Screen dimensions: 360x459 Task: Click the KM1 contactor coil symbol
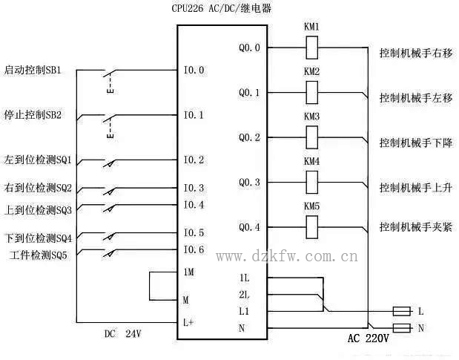(x=312, y=48)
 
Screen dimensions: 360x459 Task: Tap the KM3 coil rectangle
(x=312, y=137)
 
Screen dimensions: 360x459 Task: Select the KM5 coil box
(x=312, y=226)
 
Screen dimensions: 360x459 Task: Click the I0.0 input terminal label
(x=194, y=71)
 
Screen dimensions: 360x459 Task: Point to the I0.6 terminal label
(x=194, y=249)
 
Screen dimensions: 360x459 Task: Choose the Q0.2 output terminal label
(x=249, y=137)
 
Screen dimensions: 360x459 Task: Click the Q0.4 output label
(x=249, y=226)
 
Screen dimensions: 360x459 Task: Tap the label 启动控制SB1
(x=38, y=71)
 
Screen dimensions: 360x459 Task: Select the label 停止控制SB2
(x=38, y=115)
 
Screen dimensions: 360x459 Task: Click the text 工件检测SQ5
(x=40, y=255)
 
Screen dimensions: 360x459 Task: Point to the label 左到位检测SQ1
(x=38, y=160)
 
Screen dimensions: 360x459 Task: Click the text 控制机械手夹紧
(x=415, y=226)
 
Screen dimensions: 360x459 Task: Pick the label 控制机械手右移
(x=415, y=54)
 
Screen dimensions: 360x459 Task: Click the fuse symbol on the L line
(x=401, y=310)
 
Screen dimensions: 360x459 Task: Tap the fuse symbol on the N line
(x=401, y=327)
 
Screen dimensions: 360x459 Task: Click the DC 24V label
(x=122, y=334)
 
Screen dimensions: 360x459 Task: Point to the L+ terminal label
(x=190, y=322)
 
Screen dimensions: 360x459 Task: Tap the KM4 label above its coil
(x=311, y=161)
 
